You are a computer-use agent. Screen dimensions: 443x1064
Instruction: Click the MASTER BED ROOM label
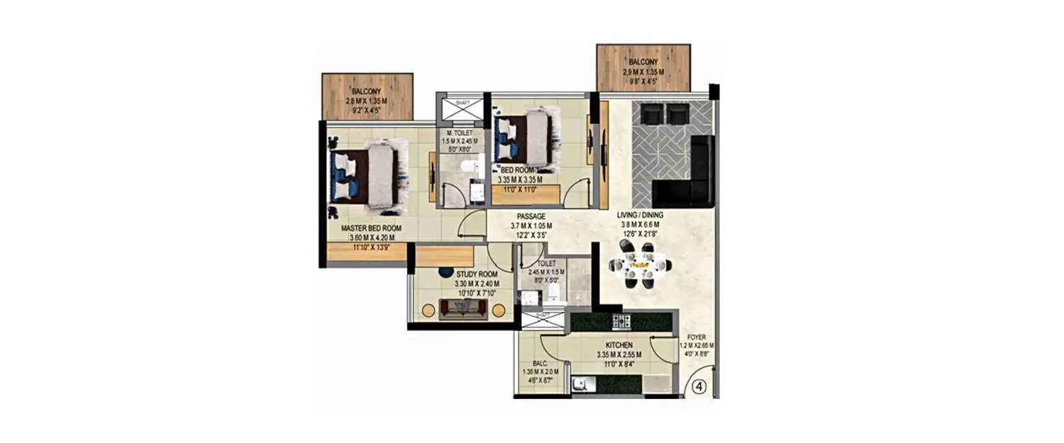click(x=361, y=228)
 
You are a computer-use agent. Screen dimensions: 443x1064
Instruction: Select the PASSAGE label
click(x=531, y=216)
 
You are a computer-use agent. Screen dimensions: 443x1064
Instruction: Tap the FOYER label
click(x=696, y=337)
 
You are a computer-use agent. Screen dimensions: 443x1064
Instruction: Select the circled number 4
click(x=698, y=388)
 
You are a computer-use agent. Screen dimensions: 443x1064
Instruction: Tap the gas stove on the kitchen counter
click(x=621, y=320)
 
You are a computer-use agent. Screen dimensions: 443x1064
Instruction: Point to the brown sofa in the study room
click(x=463, y=309)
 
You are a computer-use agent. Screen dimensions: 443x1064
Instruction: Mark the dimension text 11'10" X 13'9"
click(x=361, y=249)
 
